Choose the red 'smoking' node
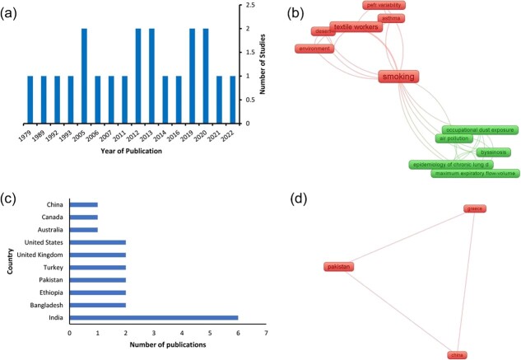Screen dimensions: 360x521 tap(398, 77)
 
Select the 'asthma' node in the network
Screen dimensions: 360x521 tap(390, 18)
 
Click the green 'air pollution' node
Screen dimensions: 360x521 tap(452, 139)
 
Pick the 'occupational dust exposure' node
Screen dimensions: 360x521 tap(480, 130)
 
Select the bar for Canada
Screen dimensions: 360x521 tap(84, 217)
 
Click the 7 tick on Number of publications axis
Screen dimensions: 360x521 tap(266, 333)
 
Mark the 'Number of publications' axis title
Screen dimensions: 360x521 tap(169, 345)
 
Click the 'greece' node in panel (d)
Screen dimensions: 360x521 tap(475, 209)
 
